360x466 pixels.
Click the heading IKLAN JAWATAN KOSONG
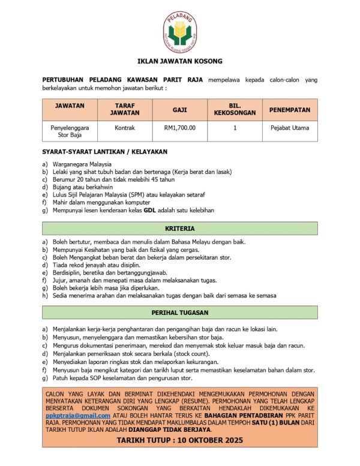coord(179,61)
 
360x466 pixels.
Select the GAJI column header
coord(179,110)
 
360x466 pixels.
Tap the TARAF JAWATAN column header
coord(125,109)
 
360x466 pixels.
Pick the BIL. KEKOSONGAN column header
coord(235,109)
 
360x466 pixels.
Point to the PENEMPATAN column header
coord(289,110)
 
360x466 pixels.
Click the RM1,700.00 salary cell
coord(179,127)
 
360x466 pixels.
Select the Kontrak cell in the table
coord(125,127)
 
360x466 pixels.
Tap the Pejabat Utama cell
coord(289,127)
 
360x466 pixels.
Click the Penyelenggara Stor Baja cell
coord(70,131)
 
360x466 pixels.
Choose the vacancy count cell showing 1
coord(235,127)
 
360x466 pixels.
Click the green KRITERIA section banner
coord(179,229)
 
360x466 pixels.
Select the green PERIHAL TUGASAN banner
coord(179,312)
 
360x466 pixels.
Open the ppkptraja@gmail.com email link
coord(78,415)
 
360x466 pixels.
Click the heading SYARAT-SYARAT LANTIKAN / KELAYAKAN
coord(104,152)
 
